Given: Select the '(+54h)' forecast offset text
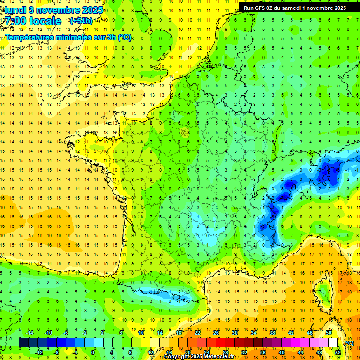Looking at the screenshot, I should pyautogui.click(x=81, y=21).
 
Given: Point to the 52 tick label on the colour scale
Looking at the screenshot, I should pyautogui.click(x=337, y=352).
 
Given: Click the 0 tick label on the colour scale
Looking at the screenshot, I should pyautogui.click(x=92, y=352).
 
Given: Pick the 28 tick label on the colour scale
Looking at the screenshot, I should pyautogui.click(x=225, y=352).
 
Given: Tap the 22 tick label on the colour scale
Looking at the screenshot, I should pyautogui.click(x=197, y=333).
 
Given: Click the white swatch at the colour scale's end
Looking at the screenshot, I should pyautogui.click(x=333, y=343).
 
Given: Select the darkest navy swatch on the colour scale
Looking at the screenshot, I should pyautogui.click(x=23, y=343).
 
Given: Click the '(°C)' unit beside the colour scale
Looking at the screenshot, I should pyautogui.click(x=349, y=343).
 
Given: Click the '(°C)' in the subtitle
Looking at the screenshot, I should pyautogui.click(x=125, y=37).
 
